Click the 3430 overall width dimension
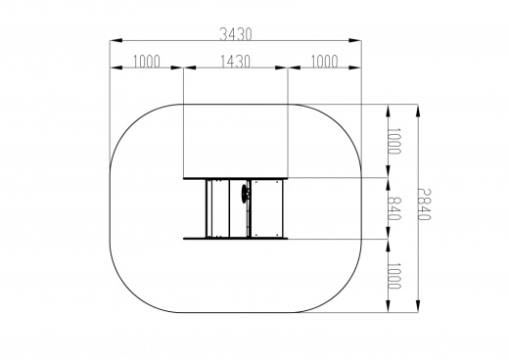tap(236, 34)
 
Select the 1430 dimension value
tap(235, 62)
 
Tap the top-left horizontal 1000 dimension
tap(147, 62)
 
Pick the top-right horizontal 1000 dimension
tap(324, 62)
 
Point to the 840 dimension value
tap(394, 208)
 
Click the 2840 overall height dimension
tap(425, 204)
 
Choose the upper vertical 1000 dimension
tap(394, 141)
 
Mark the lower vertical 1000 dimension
tap(394, 276)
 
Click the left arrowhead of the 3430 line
tap(116, 40)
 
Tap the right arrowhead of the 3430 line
tap(354, 40)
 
